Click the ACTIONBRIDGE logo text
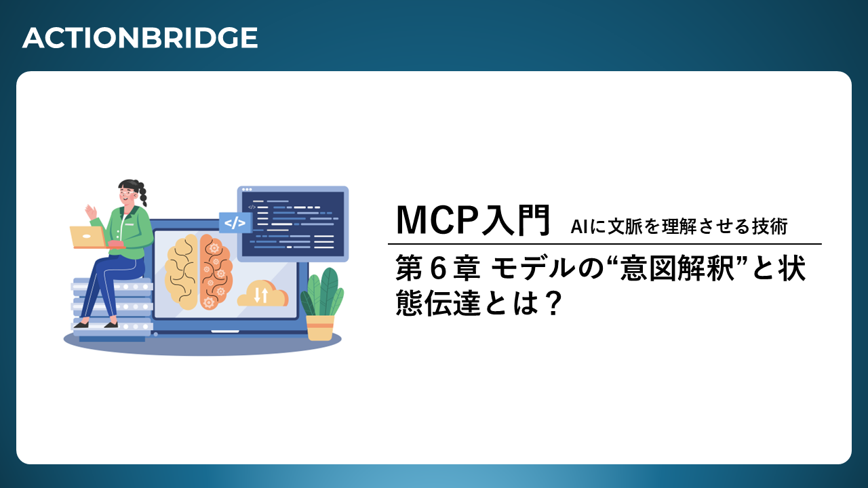point(140,37)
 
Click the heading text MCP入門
point(473,220)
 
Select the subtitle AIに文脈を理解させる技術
point(679,226)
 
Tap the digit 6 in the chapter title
point(438,268)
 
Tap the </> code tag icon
point(235,223)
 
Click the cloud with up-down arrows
point(262,293)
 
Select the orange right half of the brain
point(216,271)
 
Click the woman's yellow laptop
point(88,237)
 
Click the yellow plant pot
point(320,327)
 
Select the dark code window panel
point(293,224)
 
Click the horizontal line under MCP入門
point(604,244)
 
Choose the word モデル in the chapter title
point(534,268)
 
